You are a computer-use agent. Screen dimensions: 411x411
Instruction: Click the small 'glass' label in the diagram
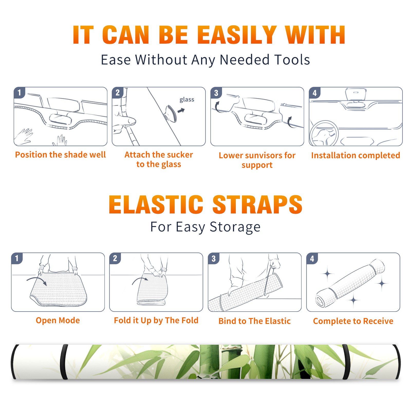click(187, 100)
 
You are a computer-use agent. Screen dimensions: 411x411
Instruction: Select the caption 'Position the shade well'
click(60, 155)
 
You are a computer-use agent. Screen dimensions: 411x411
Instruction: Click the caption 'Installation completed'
click(356, 155)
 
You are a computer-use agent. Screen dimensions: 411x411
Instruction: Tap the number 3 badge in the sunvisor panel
click(216, 93)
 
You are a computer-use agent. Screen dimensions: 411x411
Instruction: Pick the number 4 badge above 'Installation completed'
click(315, 93)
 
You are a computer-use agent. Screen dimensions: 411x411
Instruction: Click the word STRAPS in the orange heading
click(257, 204)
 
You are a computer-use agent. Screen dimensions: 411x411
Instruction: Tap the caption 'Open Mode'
click(58, 320)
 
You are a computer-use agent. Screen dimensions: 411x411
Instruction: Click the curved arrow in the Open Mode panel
click(37, 279)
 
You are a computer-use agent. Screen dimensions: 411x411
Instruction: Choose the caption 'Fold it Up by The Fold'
click(156, 320)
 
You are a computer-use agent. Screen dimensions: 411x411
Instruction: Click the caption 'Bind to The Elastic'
click(255, 321)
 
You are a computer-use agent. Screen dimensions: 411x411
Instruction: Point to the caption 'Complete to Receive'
click(353, 321)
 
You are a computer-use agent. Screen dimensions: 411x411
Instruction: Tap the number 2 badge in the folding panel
click(115, 258)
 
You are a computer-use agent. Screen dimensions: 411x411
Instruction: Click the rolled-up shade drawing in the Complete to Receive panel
click(350, 283)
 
